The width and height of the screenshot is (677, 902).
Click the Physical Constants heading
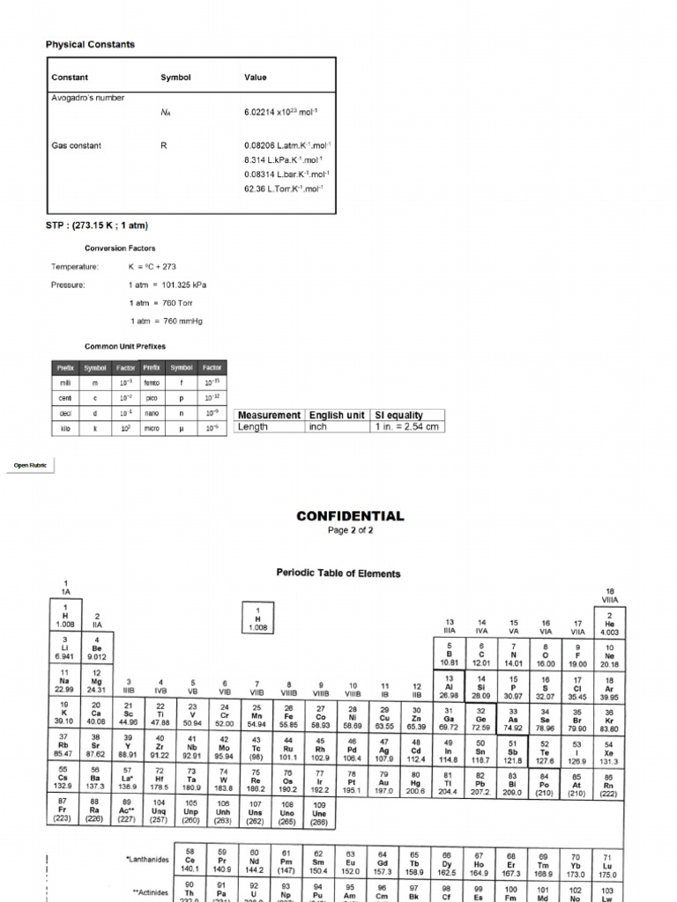90,44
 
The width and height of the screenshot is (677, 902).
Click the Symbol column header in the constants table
175,78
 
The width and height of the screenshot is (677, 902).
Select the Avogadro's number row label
87,98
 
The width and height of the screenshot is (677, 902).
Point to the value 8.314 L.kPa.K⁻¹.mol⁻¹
283,159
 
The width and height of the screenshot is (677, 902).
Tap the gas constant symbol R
163,145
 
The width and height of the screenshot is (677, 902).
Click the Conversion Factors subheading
118,248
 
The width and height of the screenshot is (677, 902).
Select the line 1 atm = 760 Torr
167,303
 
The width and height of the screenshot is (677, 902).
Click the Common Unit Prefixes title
124,346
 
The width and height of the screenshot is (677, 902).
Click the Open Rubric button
30,465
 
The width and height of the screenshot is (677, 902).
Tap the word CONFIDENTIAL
350,516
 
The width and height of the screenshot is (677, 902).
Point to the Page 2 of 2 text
350,530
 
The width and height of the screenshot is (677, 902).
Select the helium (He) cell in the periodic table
609,625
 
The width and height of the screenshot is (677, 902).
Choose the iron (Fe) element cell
289,713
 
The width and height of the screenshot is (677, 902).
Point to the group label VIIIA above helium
610,599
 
